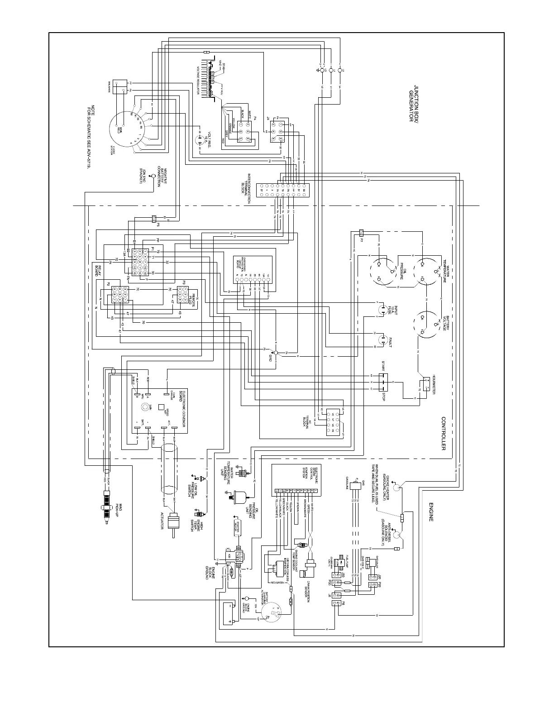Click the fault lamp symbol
(383, 342)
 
